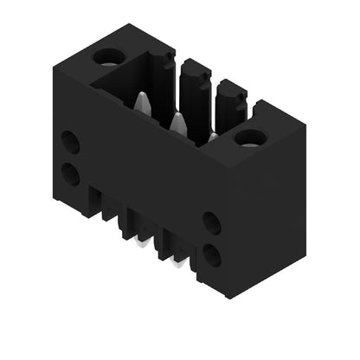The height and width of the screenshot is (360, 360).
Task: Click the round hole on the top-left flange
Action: (109, 57)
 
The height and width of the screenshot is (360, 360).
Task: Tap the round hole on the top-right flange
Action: (251, 137)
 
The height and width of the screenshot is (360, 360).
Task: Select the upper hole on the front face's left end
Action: (70, 142)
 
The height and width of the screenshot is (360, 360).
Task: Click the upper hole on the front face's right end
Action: (211, 222)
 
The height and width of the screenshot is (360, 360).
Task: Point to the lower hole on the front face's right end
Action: (211, 254)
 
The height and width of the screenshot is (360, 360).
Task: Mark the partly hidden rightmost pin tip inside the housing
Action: (212, 136)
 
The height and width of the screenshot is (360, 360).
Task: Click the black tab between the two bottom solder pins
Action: (159, 246)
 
